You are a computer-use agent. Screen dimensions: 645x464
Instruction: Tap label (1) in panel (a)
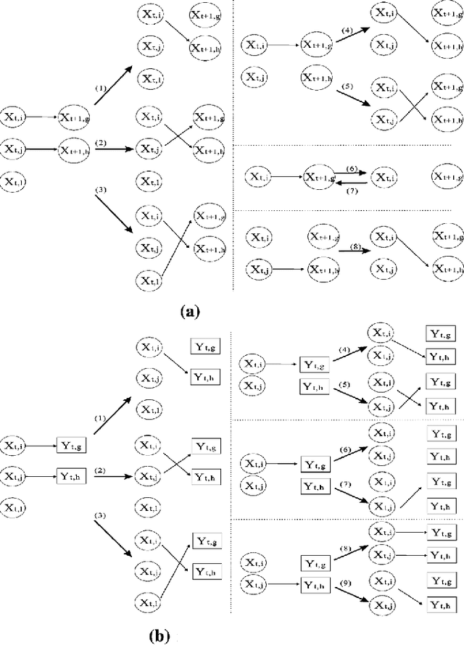pos(101,87)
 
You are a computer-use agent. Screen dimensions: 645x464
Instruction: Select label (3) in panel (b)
pos(101,517)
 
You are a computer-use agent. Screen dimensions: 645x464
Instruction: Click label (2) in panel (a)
pos(101,143)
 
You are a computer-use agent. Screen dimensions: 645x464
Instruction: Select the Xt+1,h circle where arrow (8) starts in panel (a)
pos(324,269)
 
